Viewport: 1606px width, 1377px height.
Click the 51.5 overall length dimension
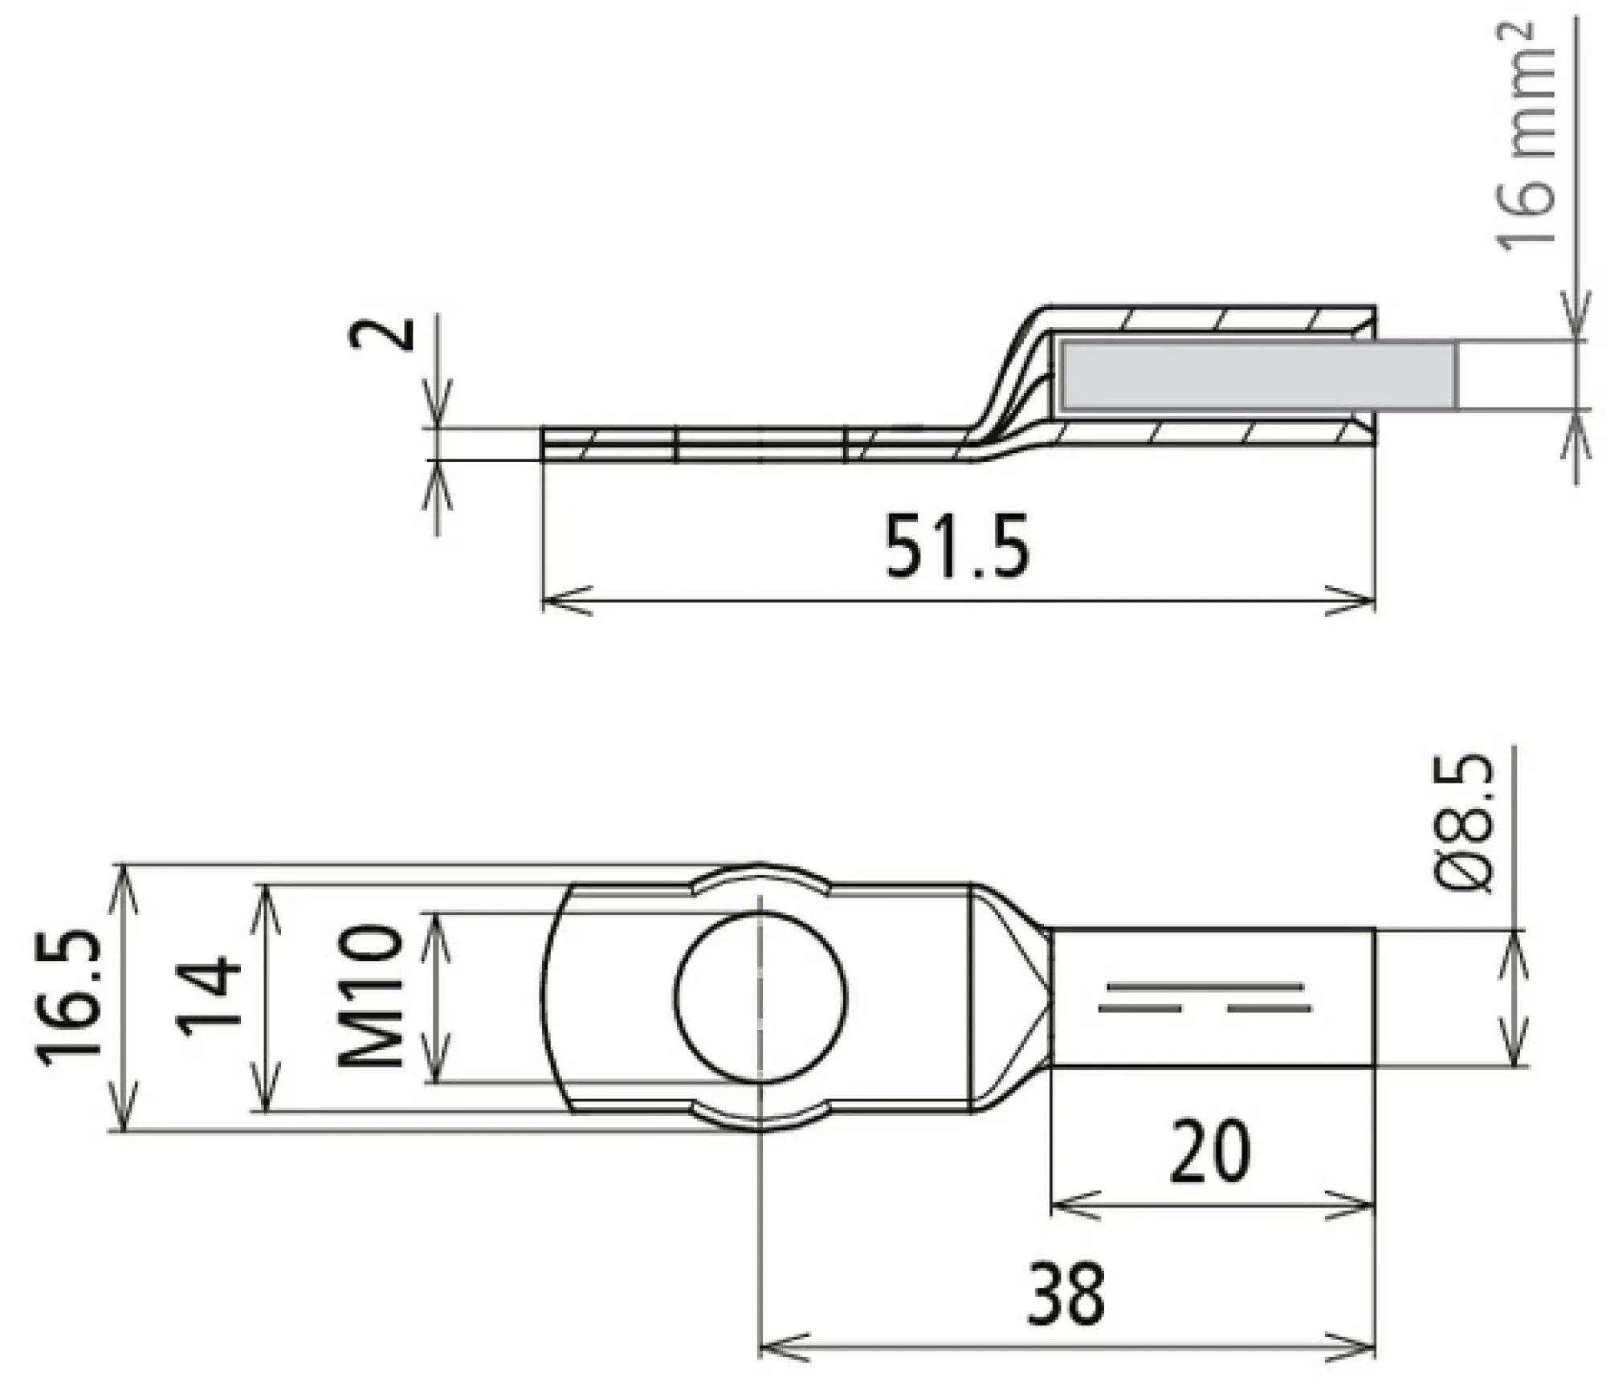[x=956, y=546]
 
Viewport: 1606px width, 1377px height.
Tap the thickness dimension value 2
[x=383, y=334]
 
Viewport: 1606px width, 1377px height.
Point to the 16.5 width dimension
[x=71, y=998]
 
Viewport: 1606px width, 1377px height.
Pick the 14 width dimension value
[x=209, y=996]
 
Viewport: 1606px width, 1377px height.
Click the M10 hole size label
[x=369, y=996]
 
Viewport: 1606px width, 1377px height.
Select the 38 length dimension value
[x=1066, y=1293]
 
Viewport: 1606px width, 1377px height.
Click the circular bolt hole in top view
[x=760, y=996]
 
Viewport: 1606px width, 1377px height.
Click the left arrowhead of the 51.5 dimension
[x=562, y=600]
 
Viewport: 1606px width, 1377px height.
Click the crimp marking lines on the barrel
[x=1204, y=996]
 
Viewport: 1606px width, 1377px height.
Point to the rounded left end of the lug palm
[x=554, y=996]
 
